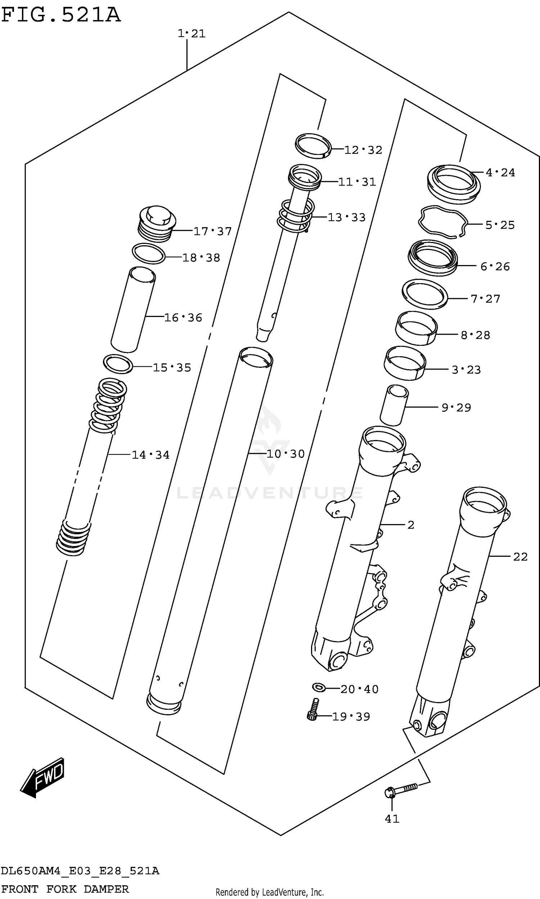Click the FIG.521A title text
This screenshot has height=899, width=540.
click(60, 15)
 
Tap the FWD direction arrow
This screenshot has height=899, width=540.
click(43, 778)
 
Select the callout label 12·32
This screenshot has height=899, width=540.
click(363, 150)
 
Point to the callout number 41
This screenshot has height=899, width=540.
click(392, 819)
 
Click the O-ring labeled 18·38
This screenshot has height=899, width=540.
click(148, 253)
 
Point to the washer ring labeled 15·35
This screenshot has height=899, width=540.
click(118, 364)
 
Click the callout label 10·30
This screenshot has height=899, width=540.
click(285, 453)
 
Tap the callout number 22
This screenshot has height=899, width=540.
click(520, 556)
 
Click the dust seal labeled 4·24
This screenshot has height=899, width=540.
click(453, 184)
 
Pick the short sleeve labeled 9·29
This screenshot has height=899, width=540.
click(394, 405)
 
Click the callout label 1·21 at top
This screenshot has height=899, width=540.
click(192, 33)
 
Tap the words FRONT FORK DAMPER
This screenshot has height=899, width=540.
click(65, 889)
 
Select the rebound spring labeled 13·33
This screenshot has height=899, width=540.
click(296, 216)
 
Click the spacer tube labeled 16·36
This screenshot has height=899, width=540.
click(133, 309)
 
